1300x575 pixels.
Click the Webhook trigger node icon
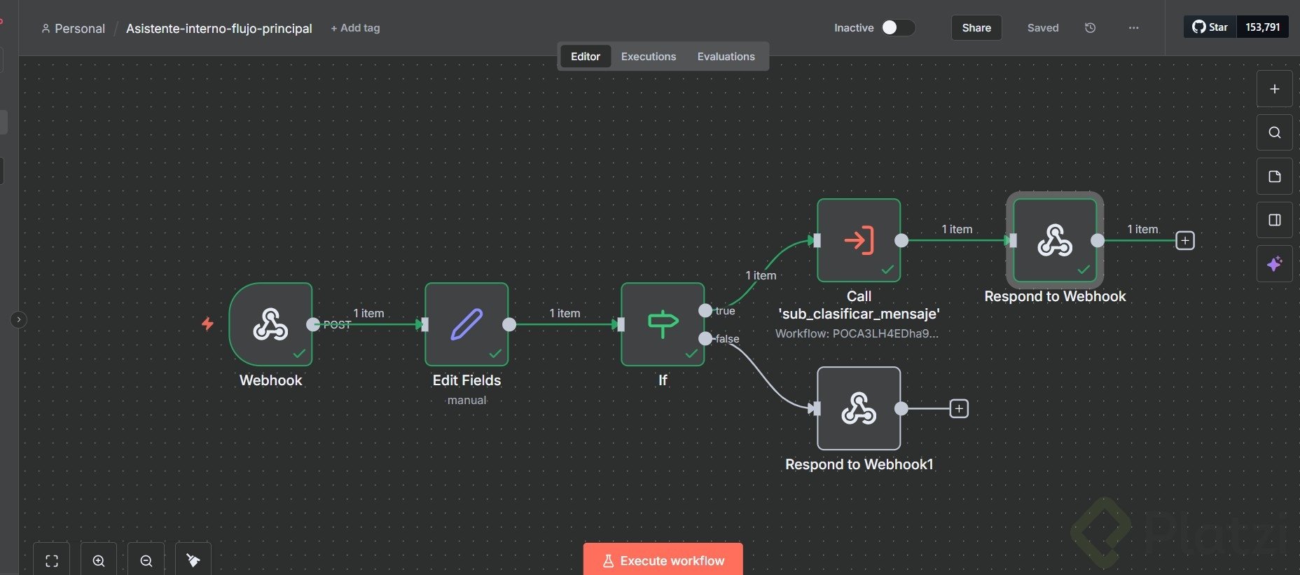(270, 324)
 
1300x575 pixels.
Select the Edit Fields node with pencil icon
(466, 324)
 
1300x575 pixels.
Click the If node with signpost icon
(663, 324)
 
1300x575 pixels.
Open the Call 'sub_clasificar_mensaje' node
(859, 240)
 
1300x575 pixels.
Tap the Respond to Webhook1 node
(859, 408)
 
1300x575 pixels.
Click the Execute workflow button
(663, 560)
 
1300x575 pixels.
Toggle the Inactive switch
(898, 27)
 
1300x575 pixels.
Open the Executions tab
(649, 57)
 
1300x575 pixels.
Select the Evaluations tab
(726, 57)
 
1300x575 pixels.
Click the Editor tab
(585, 57)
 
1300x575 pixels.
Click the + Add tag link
(355, 28)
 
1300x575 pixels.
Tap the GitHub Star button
(1210, 27)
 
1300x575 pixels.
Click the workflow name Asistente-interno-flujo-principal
(219, 29)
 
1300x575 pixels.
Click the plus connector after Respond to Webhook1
(959, 408)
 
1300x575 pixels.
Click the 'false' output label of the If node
(727, 339)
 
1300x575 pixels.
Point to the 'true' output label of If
(725, 311)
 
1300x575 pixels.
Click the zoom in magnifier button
(99, 560)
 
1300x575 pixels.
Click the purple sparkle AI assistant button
(1274, 263)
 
